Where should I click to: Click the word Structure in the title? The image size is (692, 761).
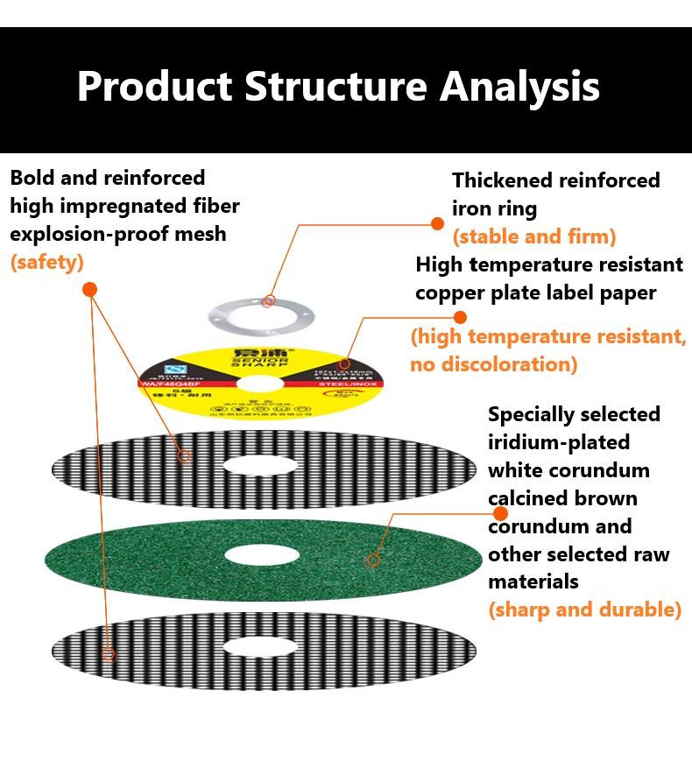click(335, 87)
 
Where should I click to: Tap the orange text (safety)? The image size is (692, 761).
click(46, 262)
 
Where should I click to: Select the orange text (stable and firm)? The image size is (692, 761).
click(533, 236)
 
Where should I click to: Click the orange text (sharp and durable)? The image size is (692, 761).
click(584, 610)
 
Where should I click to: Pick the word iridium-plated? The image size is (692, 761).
click(558, 442)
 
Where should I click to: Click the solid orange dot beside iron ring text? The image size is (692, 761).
click(437, 224)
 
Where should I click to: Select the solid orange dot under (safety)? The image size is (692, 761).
click(89, 289)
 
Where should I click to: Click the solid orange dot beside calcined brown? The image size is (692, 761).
click(500, 513)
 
